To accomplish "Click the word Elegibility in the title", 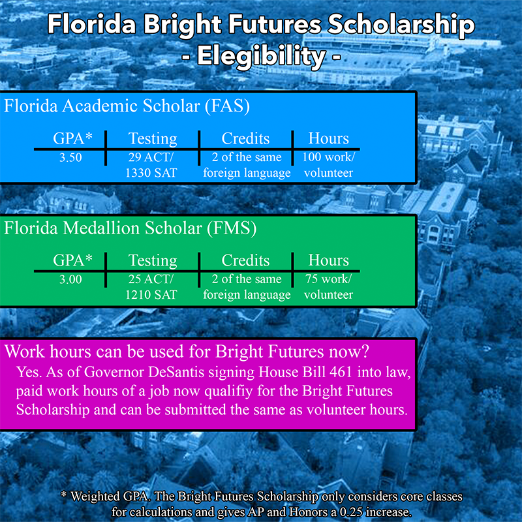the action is (x=262, y=57).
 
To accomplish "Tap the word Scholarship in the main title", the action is (x=401, y=25).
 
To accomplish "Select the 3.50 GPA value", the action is (x=70, y=157).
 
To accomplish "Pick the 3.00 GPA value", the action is (x=70, y=279).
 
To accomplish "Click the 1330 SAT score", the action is (x=151, y=173).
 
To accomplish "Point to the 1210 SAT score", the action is (x=151, y=295).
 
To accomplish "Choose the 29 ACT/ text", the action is (x=151, y=157).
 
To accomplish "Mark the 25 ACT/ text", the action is (x=151, y=279).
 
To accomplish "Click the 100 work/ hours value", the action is (x=329, y=157).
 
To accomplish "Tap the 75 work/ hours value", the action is (x=328, y=279).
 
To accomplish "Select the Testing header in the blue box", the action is (x=153, y=139).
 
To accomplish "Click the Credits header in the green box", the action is (x=246, y=260).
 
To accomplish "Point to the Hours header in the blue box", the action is (x=329, y=138).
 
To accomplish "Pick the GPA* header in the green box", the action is (x=72, y=260).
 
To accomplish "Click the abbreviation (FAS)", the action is (x=227, y=106).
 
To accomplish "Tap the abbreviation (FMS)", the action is (x=232, y=228).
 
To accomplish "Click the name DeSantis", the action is (x=176, y=372).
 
